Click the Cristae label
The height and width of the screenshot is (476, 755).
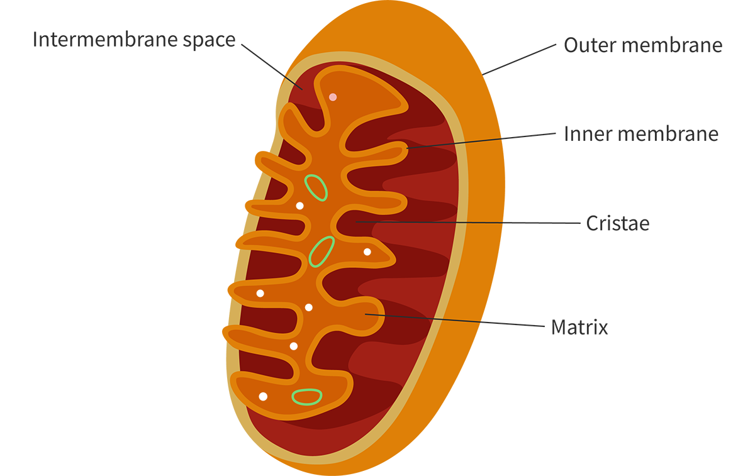[x=617, y=223]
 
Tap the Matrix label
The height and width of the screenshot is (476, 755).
[x=579, y=327]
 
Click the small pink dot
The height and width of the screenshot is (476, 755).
[x=333, y=97]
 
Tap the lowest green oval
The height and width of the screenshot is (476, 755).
[x=307, y=396]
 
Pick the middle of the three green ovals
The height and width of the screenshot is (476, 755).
[x=322, y=251]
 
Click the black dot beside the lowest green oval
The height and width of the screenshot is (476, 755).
[x=263, y=396]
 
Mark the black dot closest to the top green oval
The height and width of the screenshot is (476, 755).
[x=299, y=206]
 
